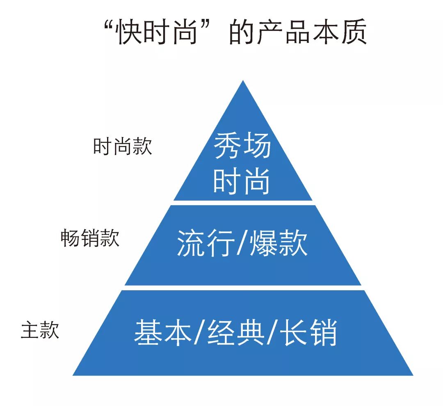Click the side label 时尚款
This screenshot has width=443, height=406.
coord(122,147)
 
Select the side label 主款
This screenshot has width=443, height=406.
coord(40,330)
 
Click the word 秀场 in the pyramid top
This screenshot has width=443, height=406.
coord(242,146)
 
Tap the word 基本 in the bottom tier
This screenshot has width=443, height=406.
coord(162,333)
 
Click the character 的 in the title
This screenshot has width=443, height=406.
coord(242,32)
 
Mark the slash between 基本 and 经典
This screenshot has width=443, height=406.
coord(199,333)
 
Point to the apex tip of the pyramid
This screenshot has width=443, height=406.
coord(243,82)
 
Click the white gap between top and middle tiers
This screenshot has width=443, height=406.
coord(243,202)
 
